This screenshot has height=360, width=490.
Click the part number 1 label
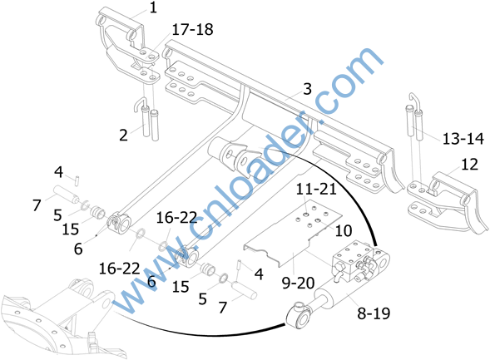tap(153, 8)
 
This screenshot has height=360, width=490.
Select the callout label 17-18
tap(192, 30)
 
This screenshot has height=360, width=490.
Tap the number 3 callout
tap(308, 89)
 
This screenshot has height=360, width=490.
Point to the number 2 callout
tap(123, 136)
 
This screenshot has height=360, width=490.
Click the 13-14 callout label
tap(463, 139)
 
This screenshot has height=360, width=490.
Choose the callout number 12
tap(469, 165)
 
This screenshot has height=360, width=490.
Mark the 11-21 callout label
tap(316, 189)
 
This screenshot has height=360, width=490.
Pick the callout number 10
tap(344, 231)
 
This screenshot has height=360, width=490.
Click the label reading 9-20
tap(298, 284)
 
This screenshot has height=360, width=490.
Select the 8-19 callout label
tap(374, 313)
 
